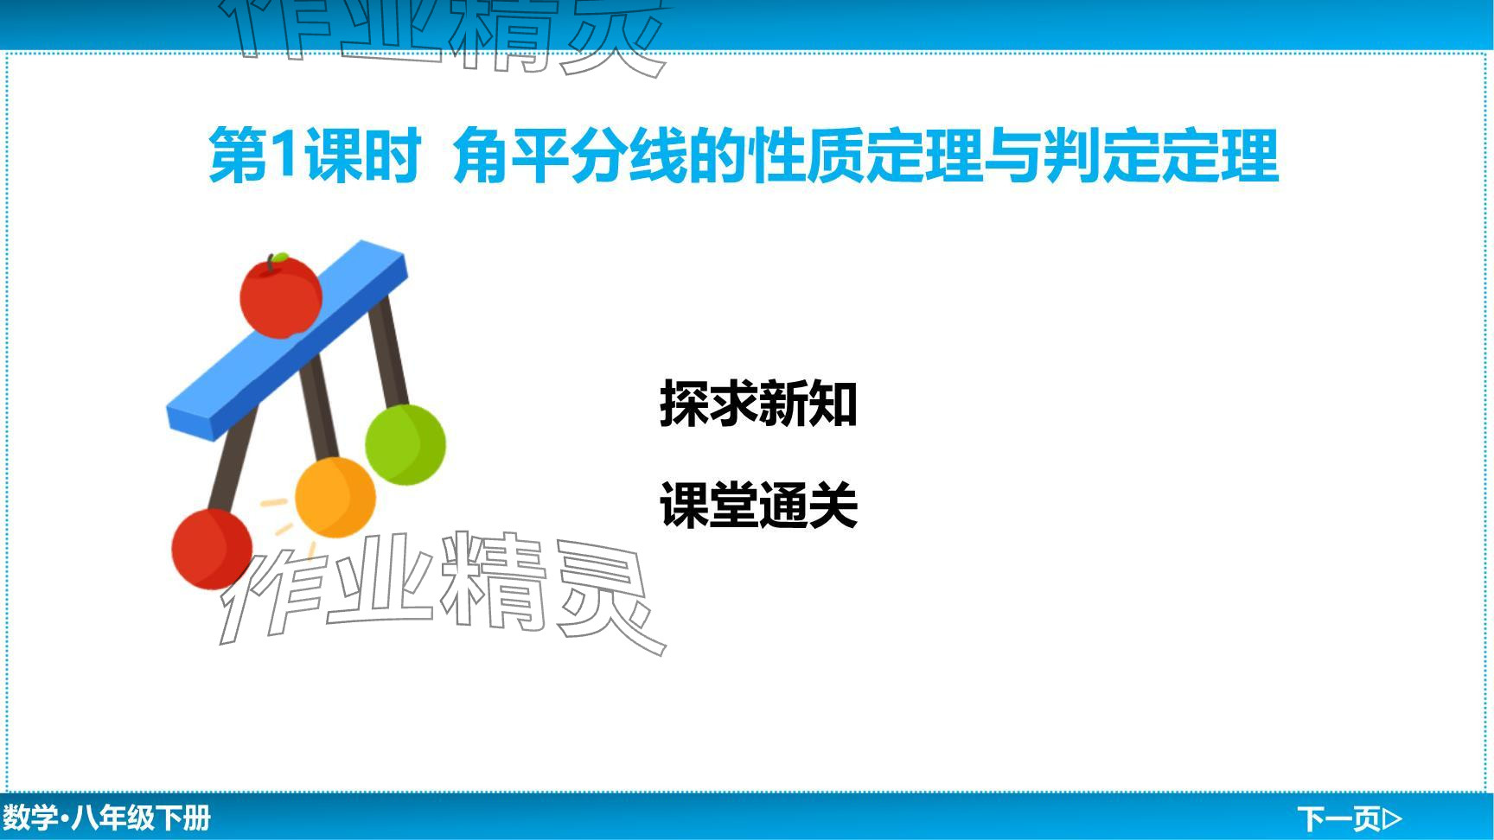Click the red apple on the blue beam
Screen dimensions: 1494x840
click(280, 296)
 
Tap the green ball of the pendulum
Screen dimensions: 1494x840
click(405, 444)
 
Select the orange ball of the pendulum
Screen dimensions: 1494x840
click(335, 498)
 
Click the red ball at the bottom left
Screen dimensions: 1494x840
click(212, 549)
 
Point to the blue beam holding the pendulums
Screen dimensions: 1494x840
click(286, 340)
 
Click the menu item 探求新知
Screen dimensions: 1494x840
click(758, 404)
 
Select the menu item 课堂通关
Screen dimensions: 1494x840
click(758, 506)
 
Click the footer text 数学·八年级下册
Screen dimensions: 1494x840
click(106, 818)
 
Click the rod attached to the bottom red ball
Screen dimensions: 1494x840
click(233, 459)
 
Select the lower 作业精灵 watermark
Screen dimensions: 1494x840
click(443, 593)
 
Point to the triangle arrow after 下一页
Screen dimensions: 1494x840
click(1392, 818)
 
